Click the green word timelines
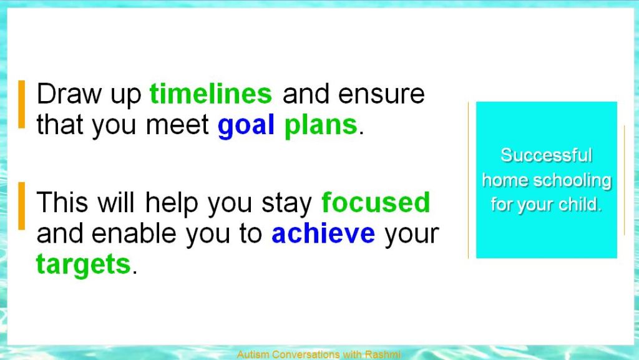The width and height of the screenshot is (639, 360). click(x=211, y=94)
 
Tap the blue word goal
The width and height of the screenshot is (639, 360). click(x=246, y=125)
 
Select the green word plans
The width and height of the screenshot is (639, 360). click(x=321, y=125)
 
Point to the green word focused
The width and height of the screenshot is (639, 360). click(x=376, y=202)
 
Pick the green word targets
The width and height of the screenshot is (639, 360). click(x=84, y=265)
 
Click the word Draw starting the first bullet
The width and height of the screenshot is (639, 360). click(x=69, y=94)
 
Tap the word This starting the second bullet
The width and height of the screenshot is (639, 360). click(x=62, y=202)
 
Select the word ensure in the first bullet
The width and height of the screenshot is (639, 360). click(x=381, y=94)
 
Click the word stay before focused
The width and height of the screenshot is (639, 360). click(x=286, y=203)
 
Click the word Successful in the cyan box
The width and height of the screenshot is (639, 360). click(x=546, y=155)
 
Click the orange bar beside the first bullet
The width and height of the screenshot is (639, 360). click(x=22, y=105)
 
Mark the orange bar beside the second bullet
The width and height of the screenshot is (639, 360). click(x=22, y=206)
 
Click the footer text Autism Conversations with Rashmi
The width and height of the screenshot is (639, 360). click(x=319, y=354)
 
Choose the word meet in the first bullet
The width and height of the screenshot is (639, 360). click(x=177, y=125)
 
